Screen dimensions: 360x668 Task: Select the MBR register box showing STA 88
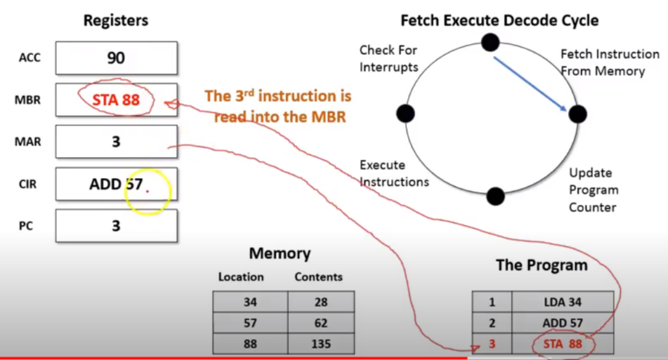[116, 99]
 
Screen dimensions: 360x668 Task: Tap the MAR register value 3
[116, 141]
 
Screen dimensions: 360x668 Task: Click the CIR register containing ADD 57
[116, 184]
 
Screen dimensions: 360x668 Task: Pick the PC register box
[116, 225]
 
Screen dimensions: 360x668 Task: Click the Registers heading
[116, 19]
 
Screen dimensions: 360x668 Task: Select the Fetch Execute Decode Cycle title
[498, 19]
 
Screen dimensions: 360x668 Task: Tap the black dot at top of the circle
[490, 41]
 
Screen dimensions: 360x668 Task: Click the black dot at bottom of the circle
[494, 196]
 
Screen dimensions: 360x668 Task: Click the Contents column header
[318, 277]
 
